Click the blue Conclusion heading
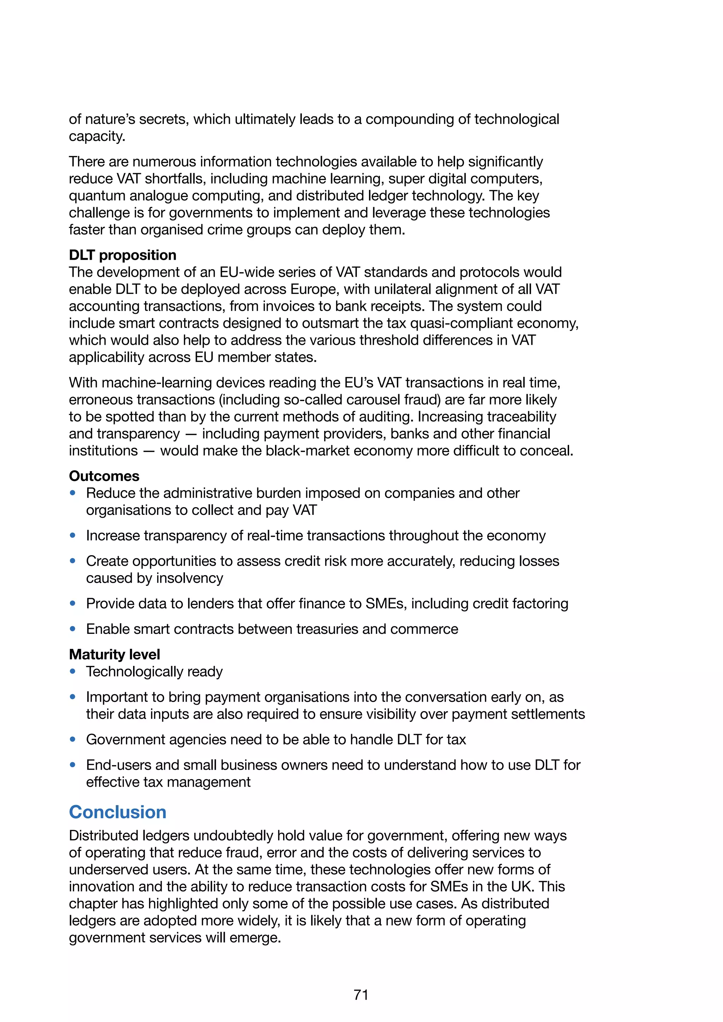tap(118, 812)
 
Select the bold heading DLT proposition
tap(123, 255)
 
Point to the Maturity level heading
tap(114, 654)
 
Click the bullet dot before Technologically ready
tap(73, 671)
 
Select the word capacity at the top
tap(96, 136)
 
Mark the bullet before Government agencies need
tap(73, 739)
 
